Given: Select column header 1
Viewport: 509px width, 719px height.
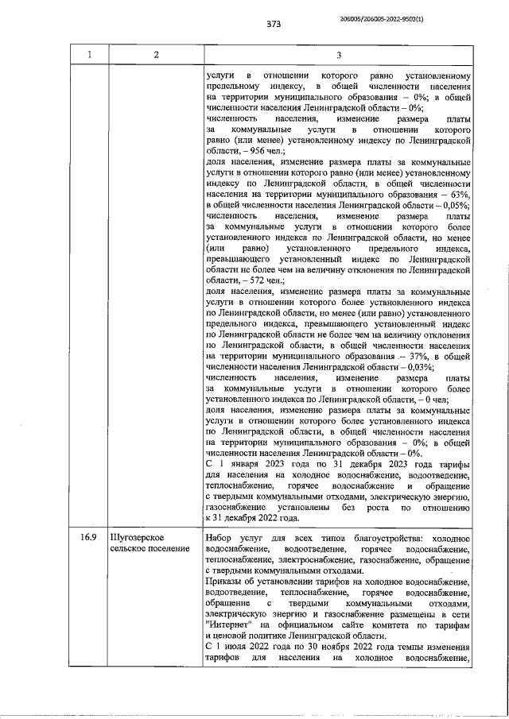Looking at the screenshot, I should point(90,54).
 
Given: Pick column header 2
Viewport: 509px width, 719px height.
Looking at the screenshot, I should point(156,54).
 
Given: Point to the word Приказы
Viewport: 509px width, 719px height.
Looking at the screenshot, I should point(227,582).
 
